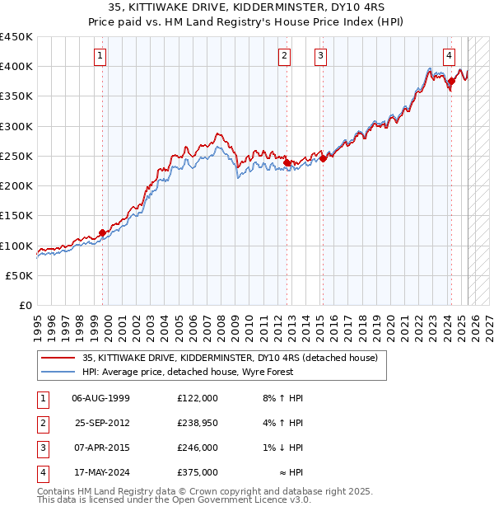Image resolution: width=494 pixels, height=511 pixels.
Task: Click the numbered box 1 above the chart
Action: click(x=100, y=56)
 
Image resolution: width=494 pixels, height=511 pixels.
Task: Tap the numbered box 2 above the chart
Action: click(x=284, y=56)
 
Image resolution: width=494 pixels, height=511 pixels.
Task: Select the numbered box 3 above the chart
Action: click(x=319, y=56)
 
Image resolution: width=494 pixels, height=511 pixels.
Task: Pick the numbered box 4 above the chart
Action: click(x=449, y=56)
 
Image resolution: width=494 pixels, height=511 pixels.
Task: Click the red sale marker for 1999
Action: click(x=102, y=232)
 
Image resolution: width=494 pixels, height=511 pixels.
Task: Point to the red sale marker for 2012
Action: click(x=287, y=162)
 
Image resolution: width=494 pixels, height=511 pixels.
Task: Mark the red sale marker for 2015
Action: click(x=323, y=158)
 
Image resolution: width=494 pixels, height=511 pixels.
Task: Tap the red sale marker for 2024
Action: click(x=451, y=81)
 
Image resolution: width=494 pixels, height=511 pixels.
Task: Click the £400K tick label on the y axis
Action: click(x=16, y=66)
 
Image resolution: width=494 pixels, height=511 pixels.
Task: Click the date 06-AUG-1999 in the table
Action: click(x=101, y=398)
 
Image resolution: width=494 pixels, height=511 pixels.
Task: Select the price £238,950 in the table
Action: click(x=197, y=423)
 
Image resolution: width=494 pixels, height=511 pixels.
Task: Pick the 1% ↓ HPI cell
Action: click(x=283, y=448)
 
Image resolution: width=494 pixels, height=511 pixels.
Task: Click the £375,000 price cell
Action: click(x=197, y=472)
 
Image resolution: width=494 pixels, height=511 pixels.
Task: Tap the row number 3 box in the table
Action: click(x=40, y=448)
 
